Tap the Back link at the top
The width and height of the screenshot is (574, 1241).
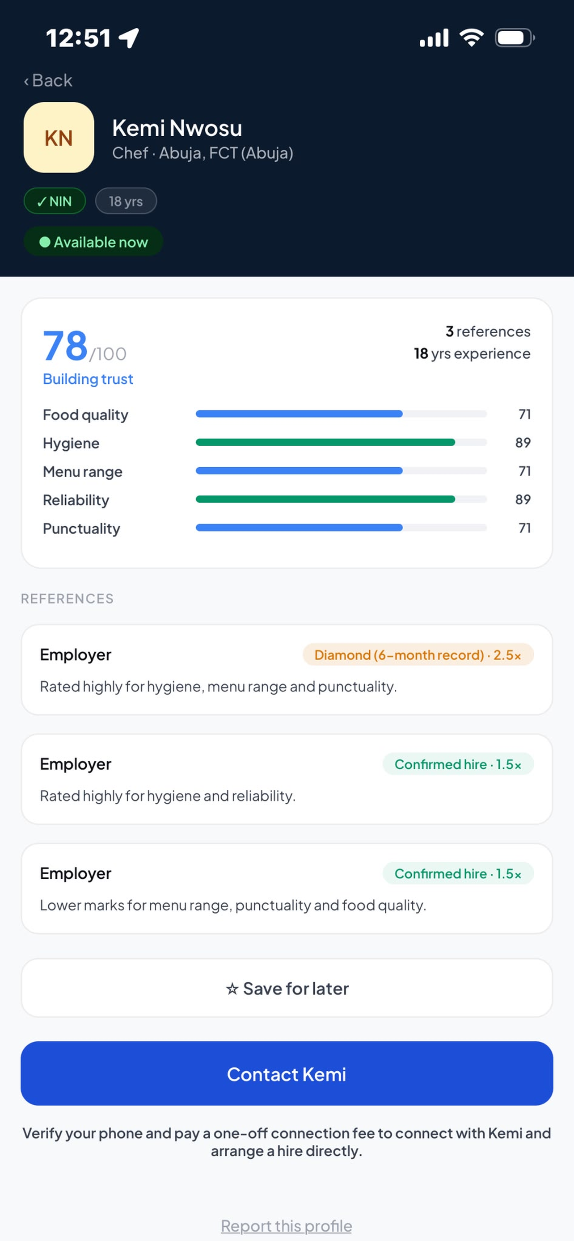click(x=48, y=80)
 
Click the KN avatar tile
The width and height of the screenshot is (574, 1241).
click(x=59, y=137)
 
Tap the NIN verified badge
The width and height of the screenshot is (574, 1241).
click(x=55, y=201)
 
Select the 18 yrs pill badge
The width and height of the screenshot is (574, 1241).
click(x=126, y=201)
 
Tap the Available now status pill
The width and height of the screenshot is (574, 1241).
click(x=93, y=241)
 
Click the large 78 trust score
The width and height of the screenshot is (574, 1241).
click(x=65, y=345)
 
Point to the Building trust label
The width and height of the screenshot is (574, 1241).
click(x=88, y=379)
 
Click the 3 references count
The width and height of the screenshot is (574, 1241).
click(x=488, y=331)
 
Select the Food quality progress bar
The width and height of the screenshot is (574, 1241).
click(x=341, y=414)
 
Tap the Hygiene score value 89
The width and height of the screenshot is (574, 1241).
click(x=523, y=443)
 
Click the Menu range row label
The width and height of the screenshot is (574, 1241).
click(x=82, y=471)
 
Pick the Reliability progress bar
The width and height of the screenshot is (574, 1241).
click(x=341, y=499)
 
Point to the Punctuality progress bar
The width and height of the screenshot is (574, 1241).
click(x=341, y=528)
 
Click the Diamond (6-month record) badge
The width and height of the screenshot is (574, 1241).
click(x=418, y=655)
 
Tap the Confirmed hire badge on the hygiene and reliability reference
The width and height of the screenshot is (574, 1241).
click(x=458, y=764)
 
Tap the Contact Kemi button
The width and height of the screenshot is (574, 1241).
click(x=287, y=1073)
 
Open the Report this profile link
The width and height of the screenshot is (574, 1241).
click(x=286, y=1225)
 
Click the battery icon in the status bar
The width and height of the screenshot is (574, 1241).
click(x=515, y=38)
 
